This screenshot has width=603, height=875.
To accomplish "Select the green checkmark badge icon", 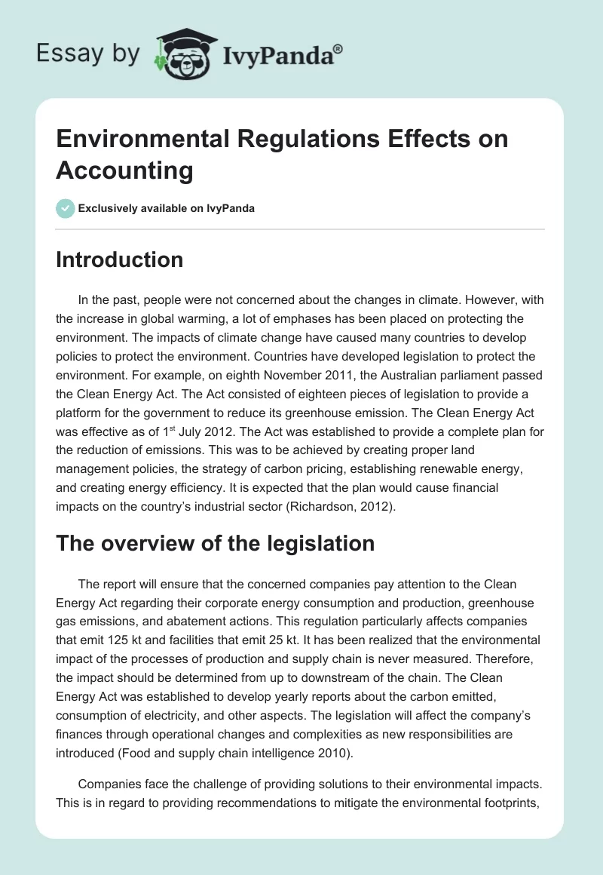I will (x=66, y=208).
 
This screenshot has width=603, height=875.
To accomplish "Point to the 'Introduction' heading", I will (x=119, y=259).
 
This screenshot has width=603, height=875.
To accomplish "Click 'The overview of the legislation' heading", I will (x=215, y=542).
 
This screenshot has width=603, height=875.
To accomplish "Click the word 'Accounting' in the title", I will (x=124, y=170).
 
